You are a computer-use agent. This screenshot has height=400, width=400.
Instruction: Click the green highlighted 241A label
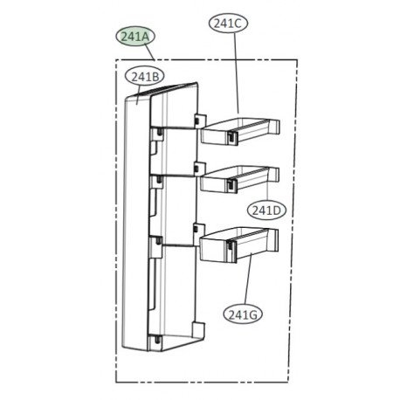(x=136, y=37)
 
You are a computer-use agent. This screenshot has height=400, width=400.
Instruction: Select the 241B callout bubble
(x=145, y=77)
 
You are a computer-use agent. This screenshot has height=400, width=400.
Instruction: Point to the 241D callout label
(x=265, y=210)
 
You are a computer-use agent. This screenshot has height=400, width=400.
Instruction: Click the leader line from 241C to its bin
(x=238, y=79)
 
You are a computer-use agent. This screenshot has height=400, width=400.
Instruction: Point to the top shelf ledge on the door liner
(x=175, y=133)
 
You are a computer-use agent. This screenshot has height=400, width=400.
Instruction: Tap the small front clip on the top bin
(x=231, y=135)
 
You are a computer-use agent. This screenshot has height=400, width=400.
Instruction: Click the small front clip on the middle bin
(x=231, y=185)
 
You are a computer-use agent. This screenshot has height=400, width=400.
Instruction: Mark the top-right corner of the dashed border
(x=297, y=60)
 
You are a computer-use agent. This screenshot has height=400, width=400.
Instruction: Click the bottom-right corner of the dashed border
(x=297, y=381)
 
